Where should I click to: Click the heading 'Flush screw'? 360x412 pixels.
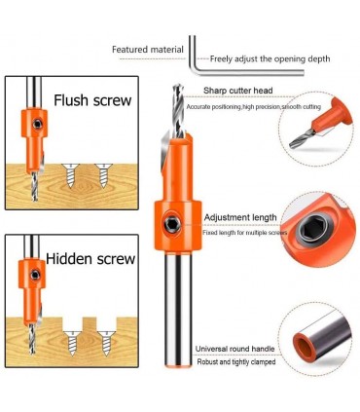point(92,100)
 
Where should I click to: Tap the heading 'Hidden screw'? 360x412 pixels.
point(90,259)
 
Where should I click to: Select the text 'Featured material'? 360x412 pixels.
point(148,50)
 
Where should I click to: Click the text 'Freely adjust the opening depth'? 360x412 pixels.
point(270,59)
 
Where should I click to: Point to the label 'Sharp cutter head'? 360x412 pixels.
point(238,91)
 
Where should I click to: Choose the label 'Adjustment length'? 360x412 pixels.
point(240,217)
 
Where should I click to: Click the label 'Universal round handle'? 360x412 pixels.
point(234,349)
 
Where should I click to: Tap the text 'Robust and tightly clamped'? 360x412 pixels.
point(236,362)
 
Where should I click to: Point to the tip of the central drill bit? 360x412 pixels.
point(177,85)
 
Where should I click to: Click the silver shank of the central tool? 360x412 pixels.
point(177,309)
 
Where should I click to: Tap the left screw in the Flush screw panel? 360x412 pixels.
point(70,175)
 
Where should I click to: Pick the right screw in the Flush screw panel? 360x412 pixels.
point(103,175)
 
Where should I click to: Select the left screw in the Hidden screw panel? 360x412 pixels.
point(72,343)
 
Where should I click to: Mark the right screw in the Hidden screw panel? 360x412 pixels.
point(106,343)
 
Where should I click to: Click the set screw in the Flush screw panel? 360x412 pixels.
point(38,124)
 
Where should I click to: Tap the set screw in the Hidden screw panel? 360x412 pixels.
point(35,275)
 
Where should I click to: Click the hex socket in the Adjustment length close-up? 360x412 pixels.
point(313,230)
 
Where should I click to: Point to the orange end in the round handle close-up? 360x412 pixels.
point(305,348)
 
